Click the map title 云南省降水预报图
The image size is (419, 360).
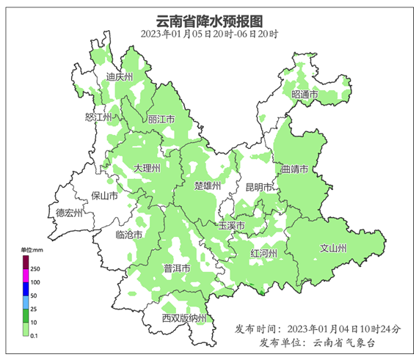(x=209, y=20)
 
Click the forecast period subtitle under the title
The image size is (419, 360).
(x=209, y=34)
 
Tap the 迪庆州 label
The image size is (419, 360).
(x=118, y=77)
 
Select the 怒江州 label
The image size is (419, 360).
(x=98, y=117)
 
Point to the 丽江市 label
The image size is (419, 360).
(x=161, y=119)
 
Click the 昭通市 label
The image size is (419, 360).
(x=305, y=95)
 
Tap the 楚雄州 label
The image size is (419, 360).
(x=208, y=186)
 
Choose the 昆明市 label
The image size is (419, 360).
(x=259, y=187)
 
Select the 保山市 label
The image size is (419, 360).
(x=104, y=196)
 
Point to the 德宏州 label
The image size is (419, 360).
(x=70, y=213)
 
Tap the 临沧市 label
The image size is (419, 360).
(x=129, y=235)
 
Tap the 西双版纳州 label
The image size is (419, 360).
(x=185, y=317)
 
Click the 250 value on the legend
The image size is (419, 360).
(x=34, y=270)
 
